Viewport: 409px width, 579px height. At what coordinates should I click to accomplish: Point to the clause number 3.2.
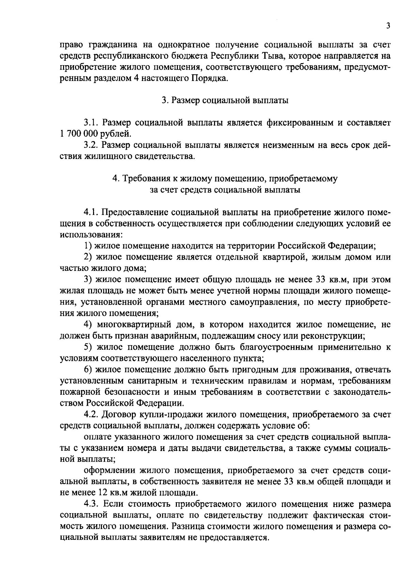coord(91,145)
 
